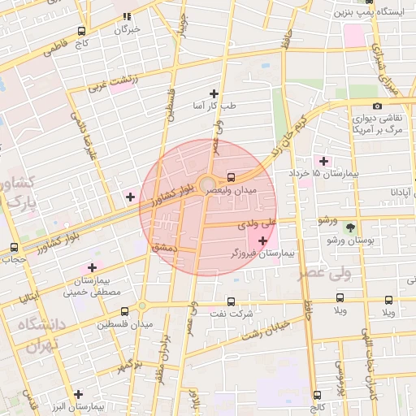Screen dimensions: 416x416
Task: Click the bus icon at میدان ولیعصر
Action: coord(232,176)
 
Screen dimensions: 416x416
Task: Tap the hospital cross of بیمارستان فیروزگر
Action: coord(262,240)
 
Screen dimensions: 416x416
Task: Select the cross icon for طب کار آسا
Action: coord(214,93)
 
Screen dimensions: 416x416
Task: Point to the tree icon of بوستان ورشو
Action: coord(351,227)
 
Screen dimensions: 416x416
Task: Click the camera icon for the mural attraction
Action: coord(378,106)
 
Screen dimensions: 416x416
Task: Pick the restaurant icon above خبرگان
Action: coord(126,16)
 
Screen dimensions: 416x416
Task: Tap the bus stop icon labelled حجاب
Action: coord(14,248)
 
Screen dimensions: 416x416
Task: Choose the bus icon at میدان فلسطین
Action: coord(124,311)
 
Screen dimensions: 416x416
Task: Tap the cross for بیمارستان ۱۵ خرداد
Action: coord(325,161)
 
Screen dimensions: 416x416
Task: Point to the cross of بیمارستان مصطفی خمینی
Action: coord(92,267)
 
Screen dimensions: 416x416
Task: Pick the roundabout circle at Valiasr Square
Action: coord(207,183)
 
